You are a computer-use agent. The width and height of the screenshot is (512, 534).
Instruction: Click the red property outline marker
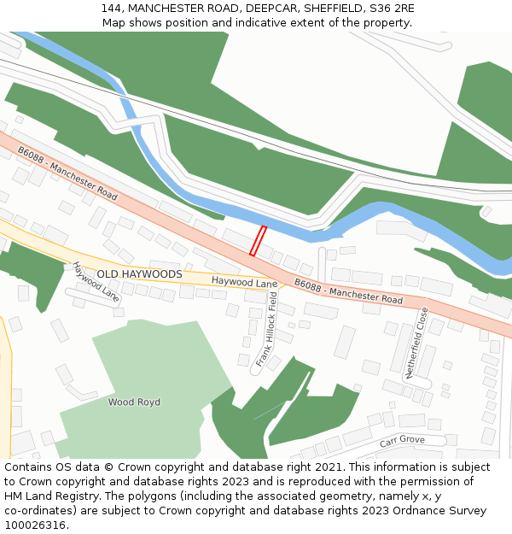click(258, 241)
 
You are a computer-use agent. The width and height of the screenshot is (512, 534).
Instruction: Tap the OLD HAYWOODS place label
click(139, 274)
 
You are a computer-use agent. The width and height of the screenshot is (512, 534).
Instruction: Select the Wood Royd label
click(134, 402)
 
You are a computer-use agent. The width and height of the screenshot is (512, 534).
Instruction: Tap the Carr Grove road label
click(402, 441)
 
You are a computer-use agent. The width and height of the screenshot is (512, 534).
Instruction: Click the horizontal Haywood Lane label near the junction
click(245, 282)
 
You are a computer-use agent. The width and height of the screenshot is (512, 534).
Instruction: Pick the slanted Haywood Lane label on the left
click(96, 282)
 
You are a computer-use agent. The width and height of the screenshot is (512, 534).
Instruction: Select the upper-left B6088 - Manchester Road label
click(67, 173)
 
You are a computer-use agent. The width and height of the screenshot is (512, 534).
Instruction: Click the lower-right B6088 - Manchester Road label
click(348, 291)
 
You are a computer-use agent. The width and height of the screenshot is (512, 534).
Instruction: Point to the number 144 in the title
click(111, 9)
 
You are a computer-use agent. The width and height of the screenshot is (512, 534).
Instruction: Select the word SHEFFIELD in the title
click(323, 9)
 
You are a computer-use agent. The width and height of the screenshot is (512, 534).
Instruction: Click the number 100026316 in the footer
click(35, 525)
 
